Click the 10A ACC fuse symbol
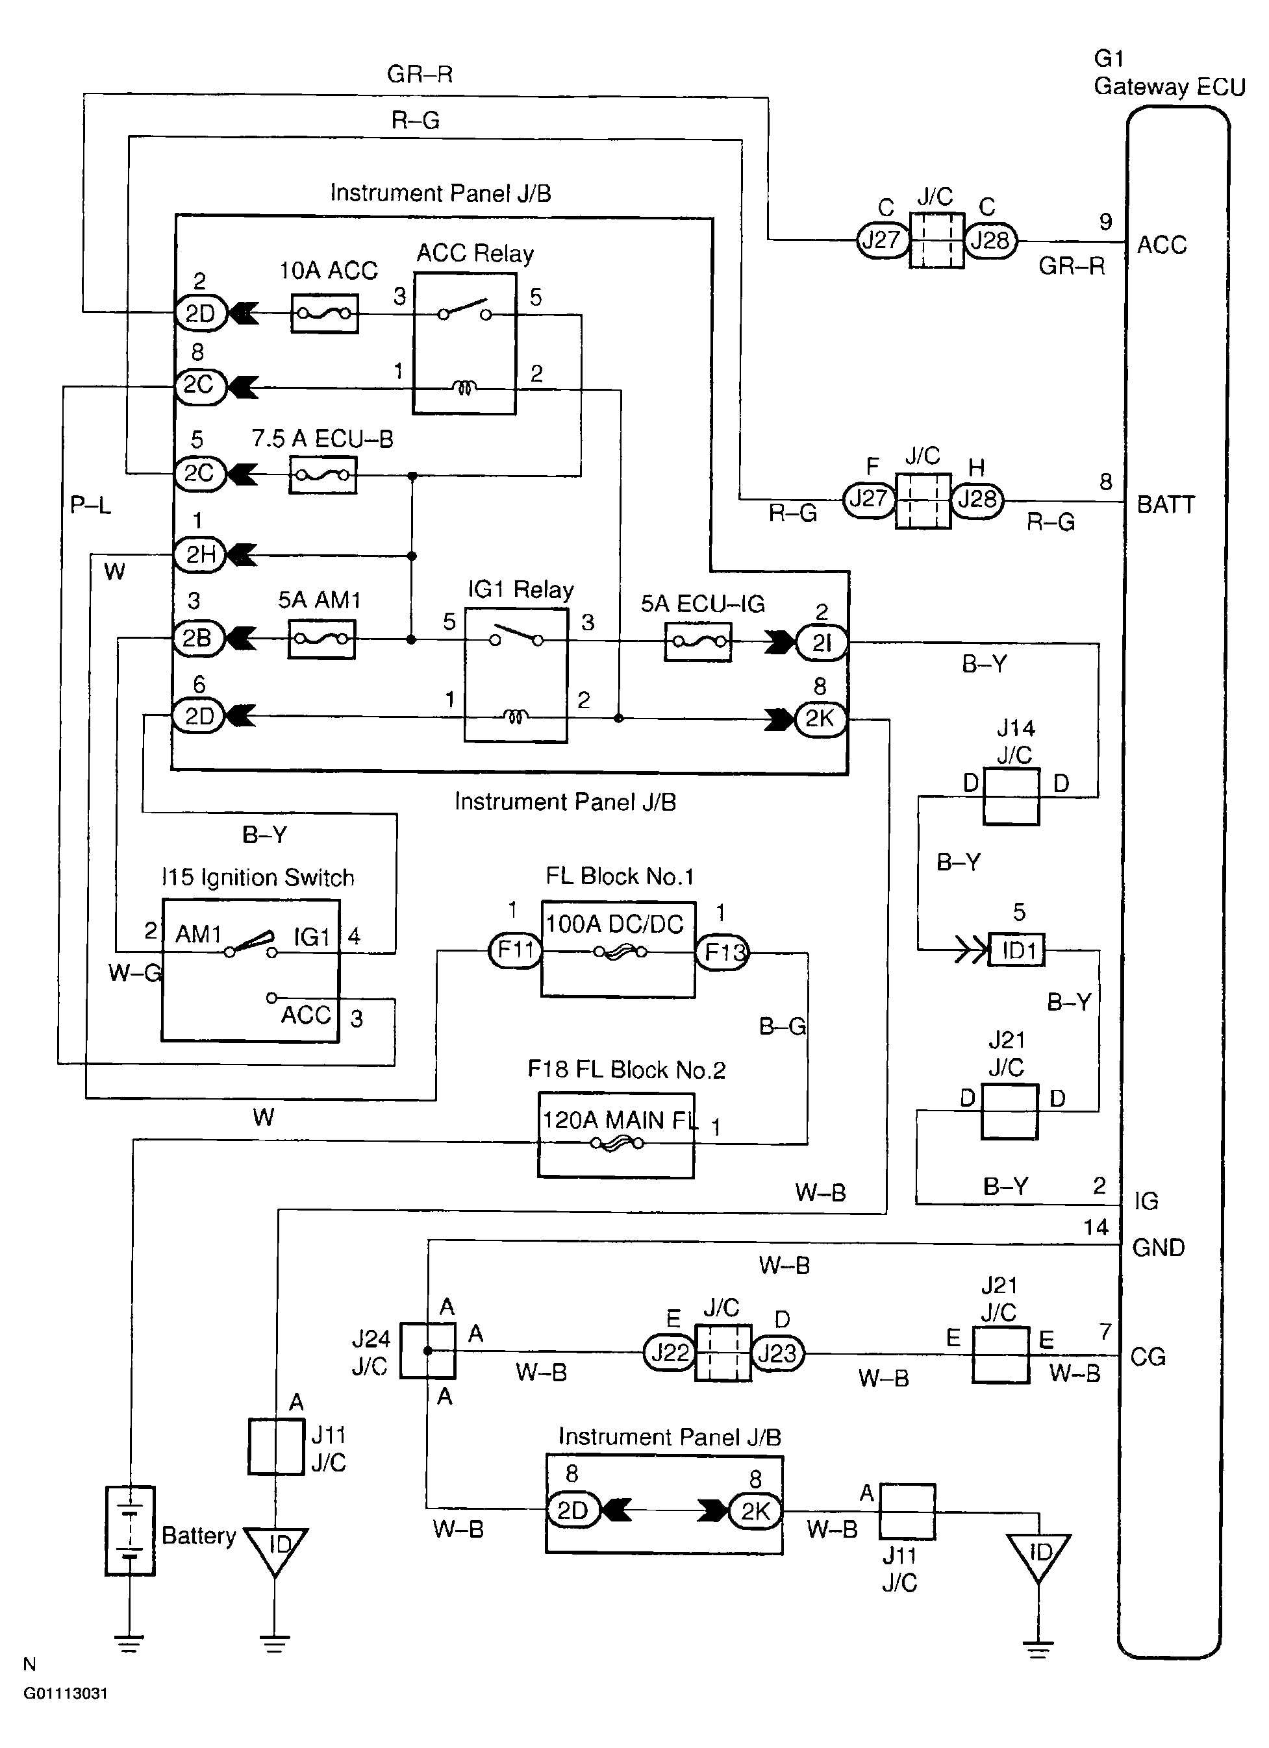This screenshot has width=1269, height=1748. pyautogui.click(x=325, y=314)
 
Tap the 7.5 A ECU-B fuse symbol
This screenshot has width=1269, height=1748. pyautogui.click(x=323, y=474)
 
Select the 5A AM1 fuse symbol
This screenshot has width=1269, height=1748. pyautogui.click(x=321, y=639)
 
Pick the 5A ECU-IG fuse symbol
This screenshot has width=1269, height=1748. pyautogui.click(x=697, y=642)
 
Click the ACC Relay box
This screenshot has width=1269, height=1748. pyautogui.click(x=464, y=344)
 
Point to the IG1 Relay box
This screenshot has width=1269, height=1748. pyautogui.click(x=516, y=676)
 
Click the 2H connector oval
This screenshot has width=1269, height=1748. pyautogui.click(x=199, y=554)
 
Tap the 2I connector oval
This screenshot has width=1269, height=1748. pyautogui.click(x=821, y=643)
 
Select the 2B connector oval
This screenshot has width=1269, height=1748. pyautogui.click(x=198, y=638)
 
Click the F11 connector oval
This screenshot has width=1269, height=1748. pyautogui.click(x=515, y=950)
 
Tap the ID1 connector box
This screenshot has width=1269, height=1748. pyautogui.click(x=1018, y=950)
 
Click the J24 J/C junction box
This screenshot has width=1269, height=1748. pyautogui.click(x=428, y=1350)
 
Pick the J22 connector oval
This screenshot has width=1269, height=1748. pyautogui.click(x=669, y=1353)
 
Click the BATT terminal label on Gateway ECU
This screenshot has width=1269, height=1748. pyautogui.click(x=1166, y=505)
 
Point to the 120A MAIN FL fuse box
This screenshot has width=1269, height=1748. pyautogui.click(x=616, y=1135)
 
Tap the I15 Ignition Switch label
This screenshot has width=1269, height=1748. pyautogui.click(x=257, y=877)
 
